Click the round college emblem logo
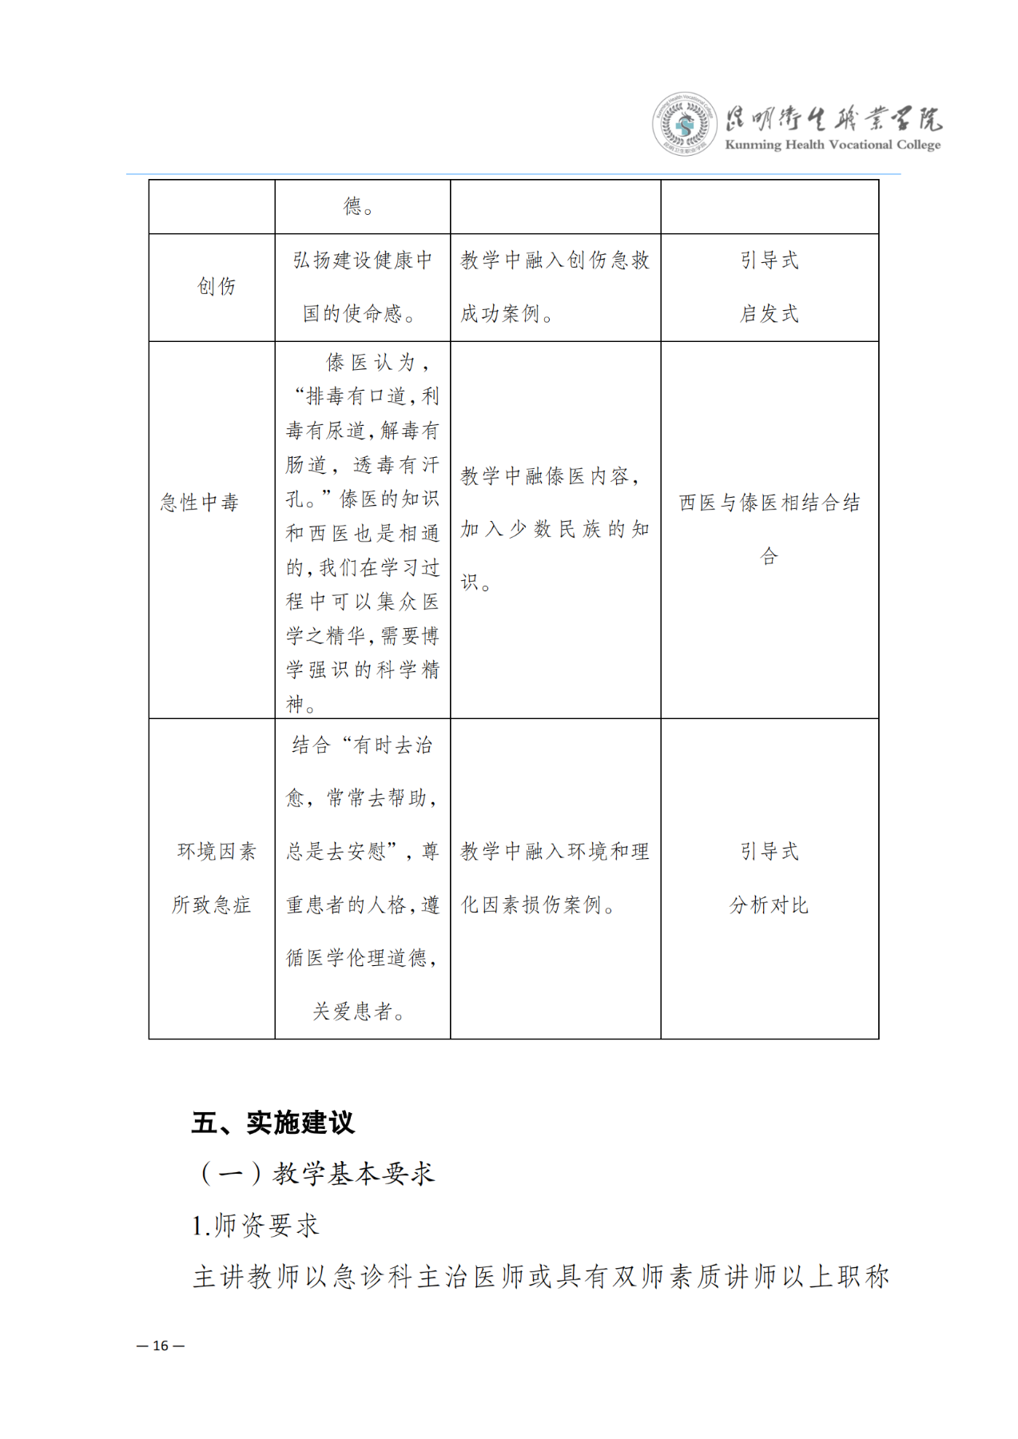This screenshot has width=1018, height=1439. (684, 124)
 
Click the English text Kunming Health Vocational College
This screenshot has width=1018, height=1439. (832, 145)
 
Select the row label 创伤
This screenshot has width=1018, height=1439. (217, 287)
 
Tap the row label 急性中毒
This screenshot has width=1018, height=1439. (200, 503)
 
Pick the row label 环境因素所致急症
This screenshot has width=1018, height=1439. (213, 878)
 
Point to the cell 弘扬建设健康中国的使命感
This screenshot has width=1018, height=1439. (362, 287)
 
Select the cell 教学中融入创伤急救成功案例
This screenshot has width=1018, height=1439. (555, 287)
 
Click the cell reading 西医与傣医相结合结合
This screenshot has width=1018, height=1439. (769, 528)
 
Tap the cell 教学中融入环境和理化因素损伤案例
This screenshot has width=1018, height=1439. (555, 878)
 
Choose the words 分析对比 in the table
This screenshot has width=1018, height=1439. (769, 905)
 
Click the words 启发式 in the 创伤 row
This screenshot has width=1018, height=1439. (769, 314)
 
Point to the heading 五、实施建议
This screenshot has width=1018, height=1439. (272, 1123)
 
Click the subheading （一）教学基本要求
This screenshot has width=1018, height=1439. (316, 1173)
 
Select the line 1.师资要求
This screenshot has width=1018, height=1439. (256, 1225)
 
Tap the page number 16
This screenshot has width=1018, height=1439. (161, 1346)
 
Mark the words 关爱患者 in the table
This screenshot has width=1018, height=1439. (352, 1012)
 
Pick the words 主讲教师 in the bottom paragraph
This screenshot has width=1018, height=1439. (246, 1276)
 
